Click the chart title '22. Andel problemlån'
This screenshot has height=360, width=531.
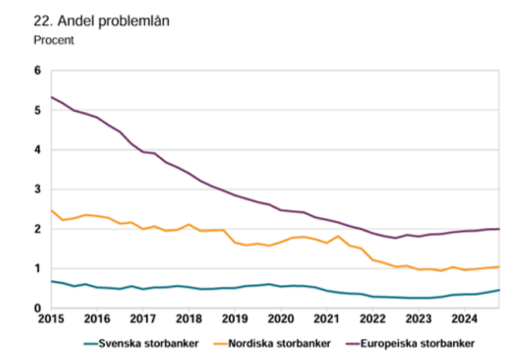pyautogui.click(x=102, y=22)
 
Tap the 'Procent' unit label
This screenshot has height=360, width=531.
pyautogui.click(x=54, y=40)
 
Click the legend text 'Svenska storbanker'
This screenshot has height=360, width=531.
pyautogui.click(x=149, y=343)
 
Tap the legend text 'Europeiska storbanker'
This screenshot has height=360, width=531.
pyautogui.click(x=418, y=343)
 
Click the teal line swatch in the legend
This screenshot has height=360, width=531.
pyautogui.click(x=90, y=343)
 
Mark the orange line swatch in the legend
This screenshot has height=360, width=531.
pyautogui.click(x=221, y=343)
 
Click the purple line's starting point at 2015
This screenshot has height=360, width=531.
pyautogui.click(x=51, y=97)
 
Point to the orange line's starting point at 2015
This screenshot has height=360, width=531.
pyautogui.click(x=51, y=210)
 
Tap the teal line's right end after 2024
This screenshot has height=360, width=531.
pyautogui.click(x=499, y=290)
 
